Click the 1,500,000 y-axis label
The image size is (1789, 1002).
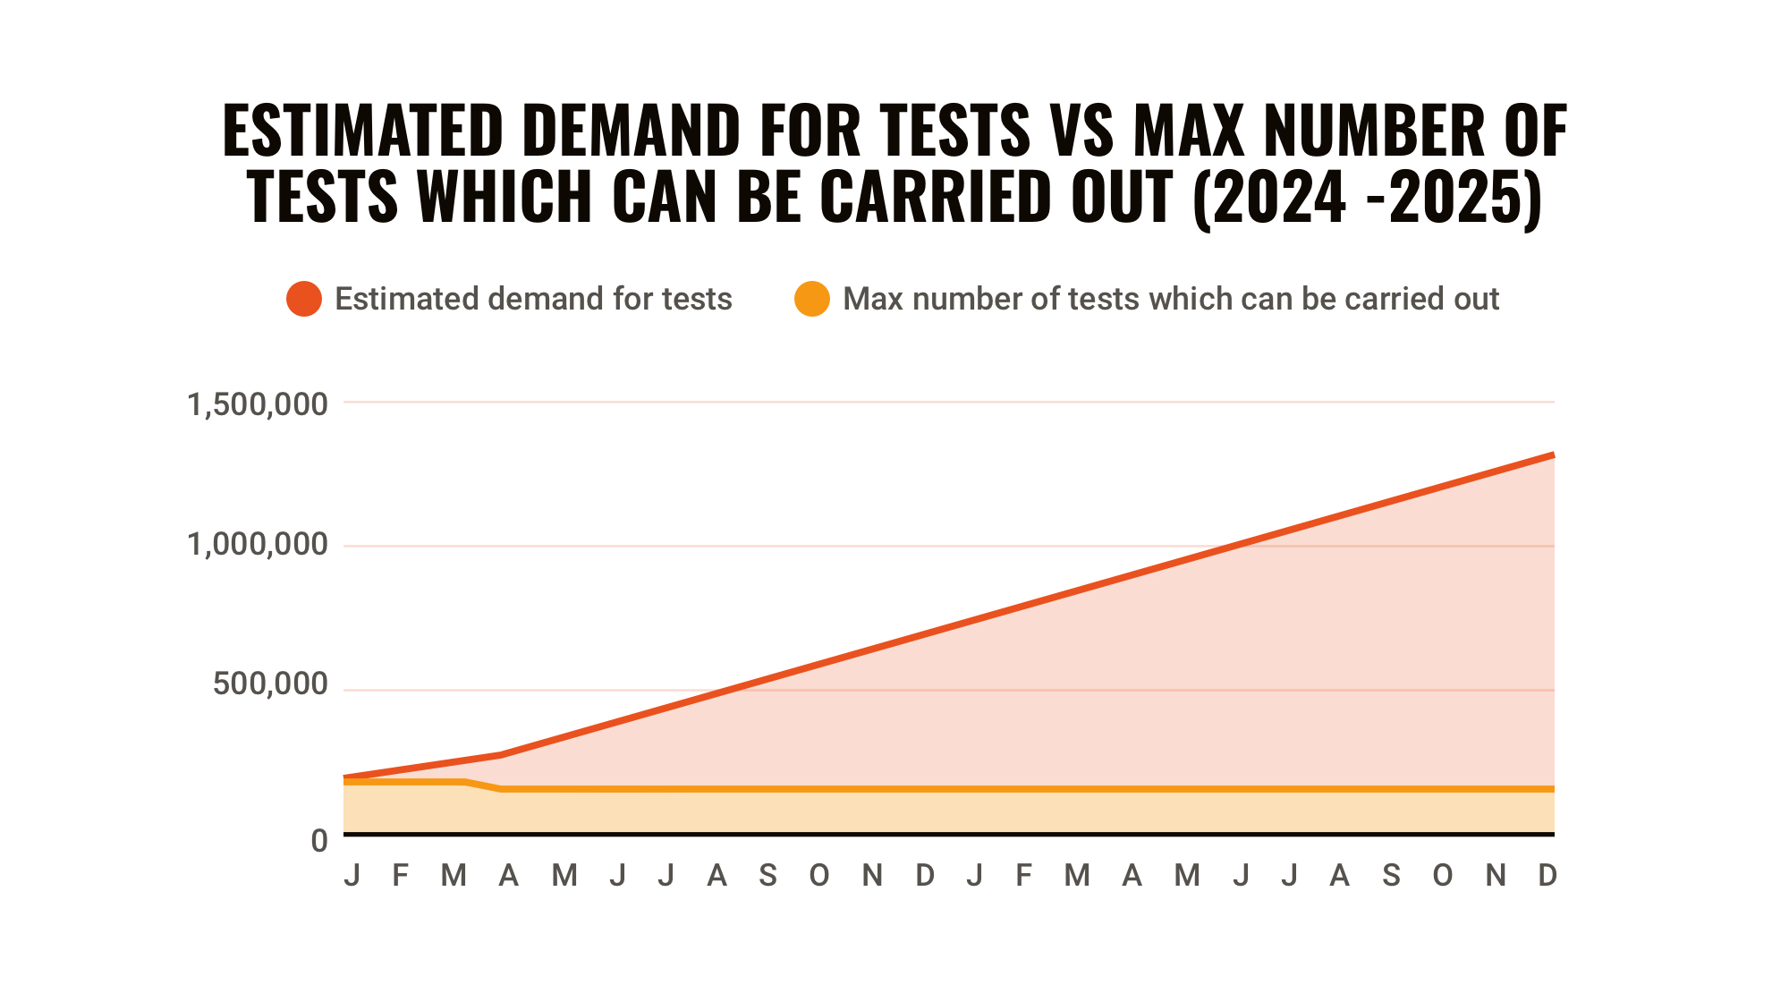pos(257,404)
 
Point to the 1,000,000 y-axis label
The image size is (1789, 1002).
pos(257,544)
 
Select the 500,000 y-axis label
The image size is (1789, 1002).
pos(270,684)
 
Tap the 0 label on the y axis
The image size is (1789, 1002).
pos(319,841)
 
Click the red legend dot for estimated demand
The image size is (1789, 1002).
pos(304,299)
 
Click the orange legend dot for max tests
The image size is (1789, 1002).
pos(812,299)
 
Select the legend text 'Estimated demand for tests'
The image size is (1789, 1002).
pos(533,299)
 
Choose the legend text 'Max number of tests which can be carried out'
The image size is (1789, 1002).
pos(1170,299)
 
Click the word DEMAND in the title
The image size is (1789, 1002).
pos(631,131)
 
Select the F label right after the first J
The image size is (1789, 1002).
pos(401,875)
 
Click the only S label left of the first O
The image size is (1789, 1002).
pos(767,875)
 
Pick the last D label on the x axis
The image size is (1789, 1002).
pos(1547,875)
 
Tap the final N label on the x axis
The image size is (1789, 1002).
pos(1495,875)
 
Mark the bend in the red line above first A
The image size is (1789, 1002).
pos(502,755)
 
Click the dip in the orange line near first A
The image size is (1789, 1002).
pos(501,789)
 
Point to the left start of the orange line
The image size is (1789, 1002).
pos(346,782)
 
